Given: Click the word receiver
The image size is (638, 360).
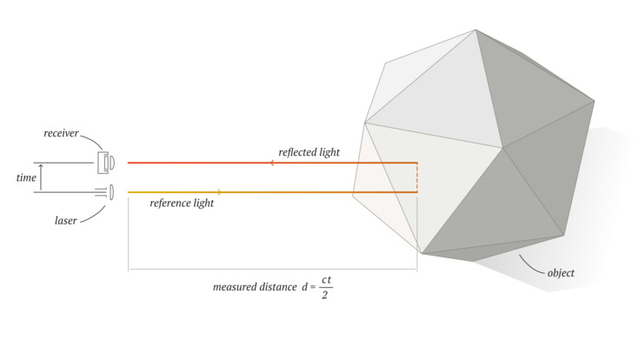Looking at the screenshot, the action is pyautogui.click(x=61, y=133).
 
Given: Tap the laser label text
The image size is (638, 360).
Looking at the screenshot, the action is pyautogui.click(x=66, y=220).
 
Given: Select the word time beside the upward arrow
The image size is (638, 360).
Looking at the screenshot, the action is pyautogui.click(x=26, y=177).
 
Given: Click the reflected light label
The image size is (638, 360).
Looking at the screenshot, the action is pyautogui.click(x=309, y=152).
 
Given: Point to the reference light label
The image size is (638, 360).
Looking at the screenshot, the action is pyautogui.click(x=182, y=203).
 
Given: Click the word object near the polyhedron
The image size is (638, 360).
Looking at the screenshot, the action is pyautogui.click(x=561, y=273).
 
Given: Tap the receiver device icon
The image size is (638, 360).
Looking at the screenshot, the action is pyautogui.click(x=106, y=163).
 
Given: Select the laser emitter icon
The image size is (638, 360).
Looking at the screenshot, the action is pyautogui.click(x=105, y=192).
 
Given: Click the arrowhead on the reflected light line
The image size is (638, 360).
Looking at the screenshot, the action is pyautogui.click(x=272, y=163).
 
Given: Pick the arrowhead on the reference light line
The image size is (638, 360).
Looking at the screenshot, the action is pyautogui.click(x=219, y=192).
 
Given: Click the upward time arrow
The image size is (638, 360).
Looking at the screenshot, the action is pyautogui.click(x=41, y=177).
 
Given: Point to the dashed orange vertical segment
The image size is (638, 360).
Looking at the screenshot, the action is pyautogui.click(x=417, y=177).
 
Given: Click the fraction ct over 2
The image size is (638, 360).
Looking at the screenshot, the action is pyautogui.click(x=325, y=288).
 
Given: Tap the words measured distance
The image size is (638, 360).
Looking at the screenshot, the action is pyautogui.click(x=255, y=287).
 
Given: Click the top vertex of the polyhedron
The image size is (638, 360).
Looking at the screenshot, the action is pyautogui.click(x=475, y=30).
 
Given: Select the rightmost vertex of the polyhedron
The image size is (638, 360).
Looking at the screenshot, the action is pyautogui.click(x=595, y=101).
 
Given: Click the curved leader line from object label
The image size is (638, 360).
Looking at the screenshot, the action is pyautogui.click(x=530, y=266).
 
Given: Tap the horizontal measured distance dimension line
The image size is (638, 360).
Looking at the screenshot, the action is pyautogui.click(x=273, y=270).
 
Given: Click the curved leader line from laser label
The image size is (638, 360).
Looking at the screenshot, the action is pyautogui.click(x=94, y=216).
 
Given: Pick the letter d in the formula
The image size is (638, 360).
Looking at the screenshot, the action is pyautogui.click(x=305, y=287).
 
